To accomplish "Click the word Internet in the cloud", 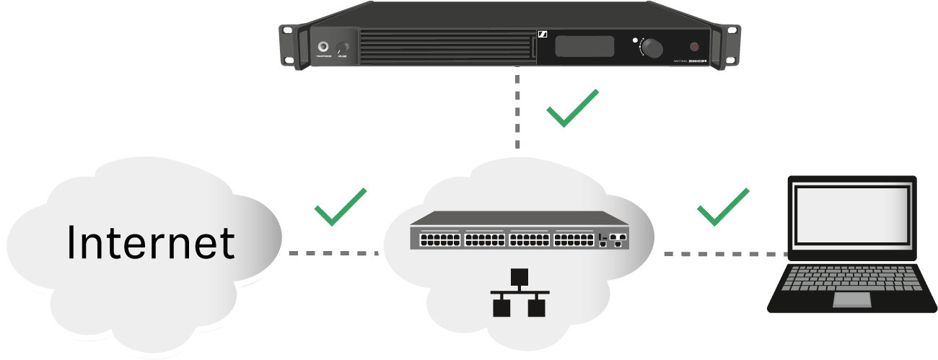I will [151, 242].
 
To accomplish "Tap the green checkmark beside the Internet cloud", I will [340, 207].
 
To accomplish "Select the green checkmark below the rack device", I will [571, 108].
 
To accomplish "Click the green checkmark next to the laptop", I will [722, 207].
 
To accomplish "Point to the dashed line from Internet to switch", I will [332, 254].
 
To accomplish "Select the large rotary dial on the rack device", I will [652, 48].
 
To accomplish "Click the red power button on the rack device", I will [694, 47].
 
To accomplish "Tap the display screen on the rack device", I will [584, 48].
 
